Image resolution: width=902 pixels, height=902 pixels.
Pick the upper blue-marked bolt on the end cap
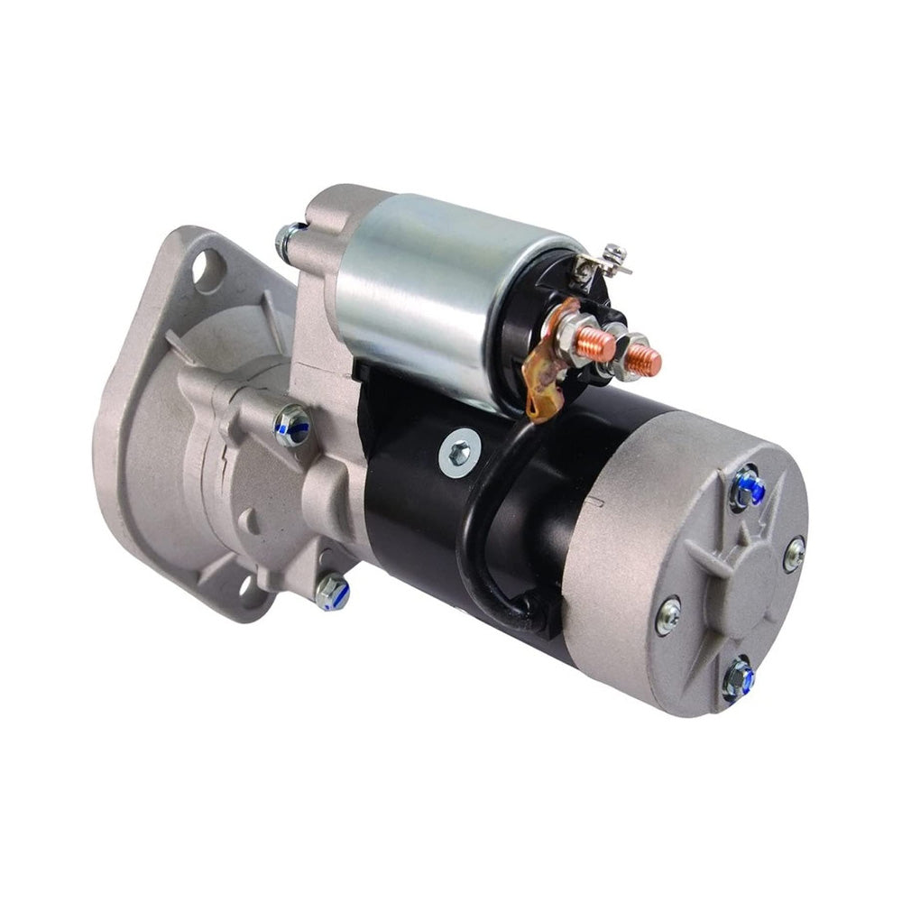[x=748, y=489]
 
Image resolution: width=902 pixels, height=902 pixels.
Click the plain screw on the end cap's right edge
[x=794, y=553]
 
